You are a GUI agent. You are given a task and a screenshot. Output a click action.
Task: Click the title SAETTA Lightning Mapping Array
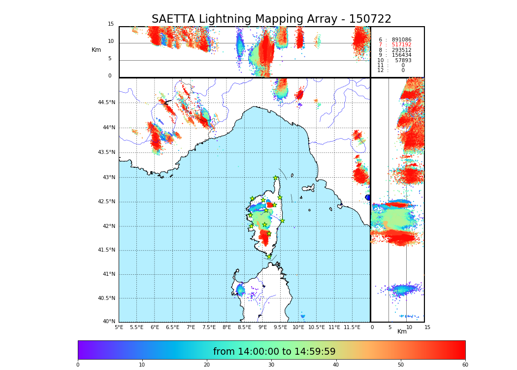pyautogui.click(x=271, y=19)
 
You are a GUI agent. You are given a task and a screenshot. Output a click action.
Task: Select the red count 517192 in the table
pyautogui.click(x=401, y=45)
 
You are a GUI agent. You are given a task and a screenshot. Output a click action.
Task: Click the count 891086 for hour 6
pyautogui.click(x=401, y=39)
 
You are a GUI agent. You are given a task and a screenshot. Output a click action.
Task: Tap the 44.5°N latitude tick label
pyautogui.click(x=106, y=103)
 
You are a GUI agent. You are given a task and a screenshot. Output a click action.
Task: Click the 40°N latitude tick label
pyautogui.click(x=108, y=322)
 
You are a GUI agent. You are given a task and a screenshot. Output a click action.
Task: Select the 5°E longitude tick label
pyautogui.click(x=119, y=327)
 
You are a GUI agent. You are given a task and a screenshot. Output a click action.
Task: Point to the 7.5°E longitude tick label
pyautogui.click(x=209, y=327)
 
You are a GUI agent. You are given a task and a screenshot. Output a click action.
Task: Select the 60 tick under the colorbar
pyautogui.click(x=465, y=365)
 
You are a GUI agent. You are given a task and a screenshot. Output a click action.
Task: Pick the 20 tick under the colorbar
pyautogui.click(x=207, y=365)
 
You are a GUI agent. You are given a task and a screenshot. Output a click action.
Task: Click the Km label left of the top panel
pyautogui.click(x=97, y=50)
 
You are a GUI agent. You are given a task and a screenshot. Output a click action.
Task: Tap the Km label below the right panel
pyautogui.click(x=402, y=332)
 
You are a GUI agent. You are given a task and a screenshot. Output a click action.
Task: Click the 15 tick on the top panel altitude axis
pyautogui.click(x=111, y=24)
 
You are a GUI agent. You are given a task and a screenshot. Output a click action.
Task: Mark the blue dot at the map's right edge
pyautogui.click(x=368, y=197)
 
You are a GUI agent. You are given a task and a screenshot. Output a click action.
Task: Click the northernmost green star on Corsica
pyautogui.click(x=276, y=178)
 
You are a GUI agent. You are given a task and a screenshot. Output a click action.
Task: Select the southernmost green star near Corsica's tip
pyautogui.click(x=269, y=257)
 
